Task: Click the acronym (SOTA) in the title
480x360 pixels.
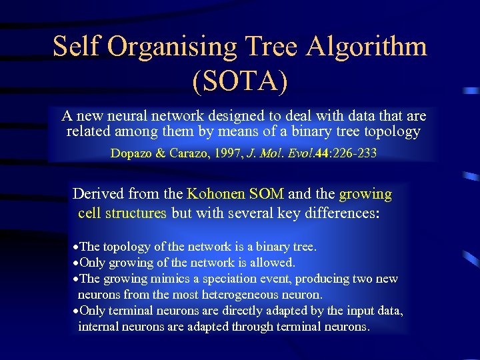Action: click(240, 81)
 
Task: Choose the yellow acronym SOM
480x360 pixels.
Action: click(267, 194)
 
